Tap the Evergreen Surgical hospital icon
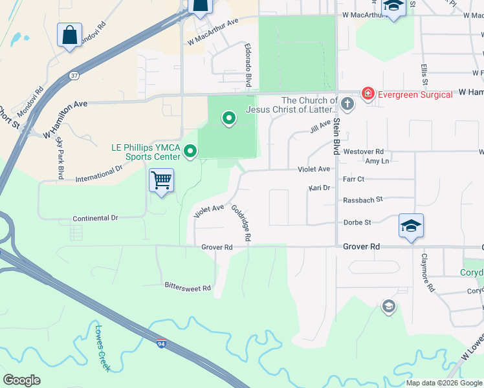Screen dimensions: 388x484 [368, 94]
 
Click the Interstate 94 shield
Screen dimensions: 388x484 [160, 343]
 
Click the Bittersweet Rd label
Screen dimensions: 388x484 [188, 286]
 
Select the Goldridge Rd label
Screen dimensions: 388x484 [240, 223]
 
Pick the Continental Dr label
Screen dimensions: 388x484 [95, 218]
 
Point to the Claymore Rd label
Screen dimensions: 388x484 [428, 272]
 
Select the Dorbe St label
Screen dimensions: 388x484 [357, 222]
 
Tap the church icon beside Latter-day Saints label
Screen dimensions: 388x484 [347, 103]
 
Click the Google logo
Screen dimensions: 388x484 [21, 380]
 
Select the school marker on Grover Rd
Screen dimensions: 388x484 [411, 226]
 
